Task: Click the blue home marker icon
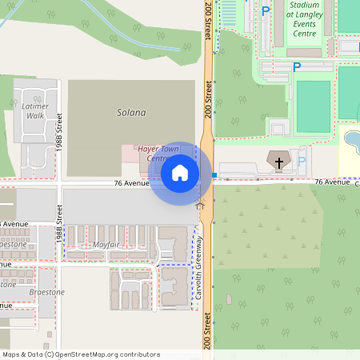coord(180,173)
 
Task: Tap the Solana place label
coord(131,113)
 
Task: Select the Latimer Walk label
coord(35,110)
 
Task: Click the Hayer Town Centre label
coord(158,154)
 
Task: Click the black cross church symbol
coord(279,162)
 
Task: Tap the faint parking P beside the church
coord(302,162)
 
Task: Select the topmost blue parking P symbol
coord(265,11)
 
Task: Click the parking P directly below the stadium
coord(297,67)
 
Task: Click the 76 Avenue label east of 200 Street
coord(332,182)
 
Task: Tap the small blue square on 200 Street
coord(214,174)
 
